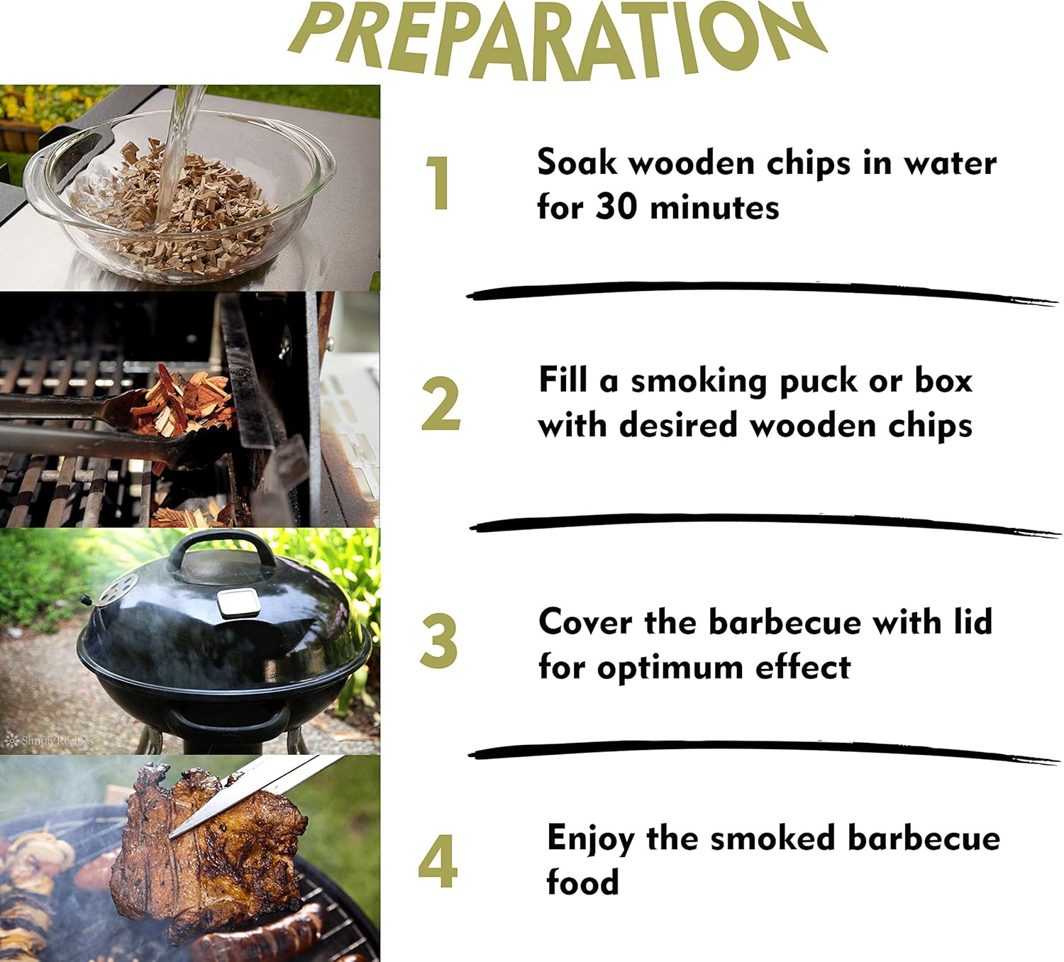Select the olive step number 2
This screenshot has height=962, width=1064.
[440, 404]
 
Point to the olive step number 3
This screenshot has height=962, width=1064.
[439, 641]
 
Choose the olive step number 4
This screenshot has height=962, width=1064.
[438, 861]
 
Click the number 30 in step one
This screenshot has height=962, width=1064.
[616, 208]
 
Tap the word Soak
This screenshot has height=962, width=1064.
[577, 162]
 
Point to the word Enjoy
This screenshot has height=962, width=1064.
[590, 839]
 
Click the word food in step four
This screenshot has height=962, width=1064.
[582, 883]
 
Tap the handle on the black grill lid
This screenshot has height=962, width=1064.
[221, 545]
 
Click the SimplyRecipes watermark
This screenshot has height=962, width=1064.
[50, 741]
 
